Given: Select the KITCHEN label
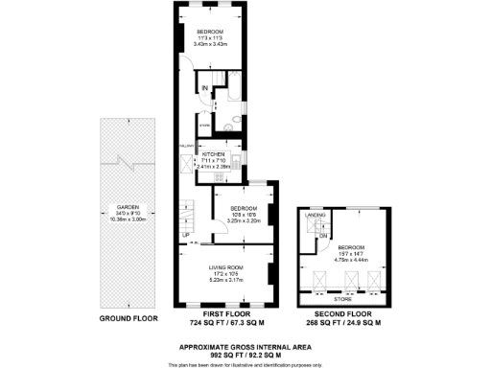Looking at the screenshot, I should (213, 153).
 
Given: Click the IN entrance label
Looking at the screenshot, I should (204, 89).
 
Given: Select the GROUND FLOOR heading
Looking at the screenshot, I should (127, 317).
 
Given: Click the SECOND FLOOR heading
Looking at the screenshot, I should (344, 313).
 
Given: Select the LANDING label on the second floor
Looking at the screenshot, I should (314, 217).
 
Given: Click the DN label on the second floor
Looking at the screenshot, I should (323, 236).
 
